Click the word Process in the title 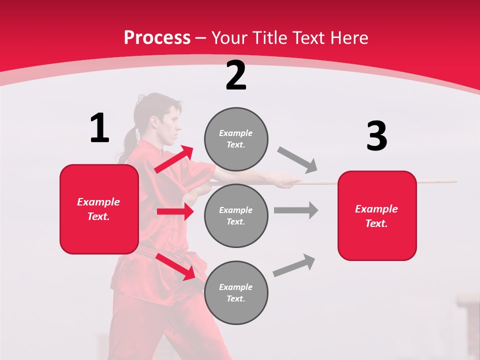(x=157, y=38)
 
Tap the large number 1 (x=99, y=128)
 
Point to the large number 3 (x=376, y=136)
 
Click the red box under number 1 (x=99, y=209)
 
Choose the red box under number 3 (x=377, y=215)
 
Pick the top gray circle (x=236, y=139)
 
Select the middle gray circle (x=236, y=215)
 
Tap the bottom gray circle (x=236, y=292)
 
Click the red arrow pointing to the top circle (x=174, y=159)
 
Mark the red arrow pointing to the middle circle (x=175, y=211)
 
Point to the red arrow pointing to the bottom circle (x=175, y=266)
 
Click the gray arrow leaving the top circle (x=297, y=159)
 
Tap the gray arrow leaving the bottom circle (x=294, y=265)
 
